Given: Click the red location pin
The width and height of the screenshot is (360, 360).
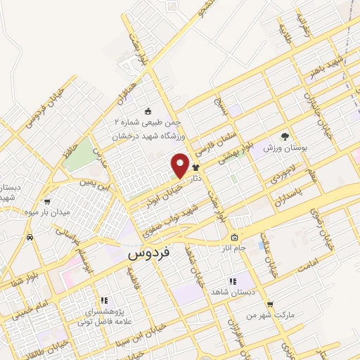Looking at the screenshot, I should point(180,165).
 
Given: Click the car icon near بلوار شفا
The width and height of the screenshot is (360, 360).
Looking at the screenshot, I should point(30,238).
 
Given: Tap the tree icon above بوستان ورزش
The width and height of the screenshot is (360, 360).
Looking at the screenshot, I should point(285,137).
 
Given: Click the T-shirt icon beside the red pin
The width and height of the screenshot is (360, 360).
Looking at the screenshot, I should point(195,167).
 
